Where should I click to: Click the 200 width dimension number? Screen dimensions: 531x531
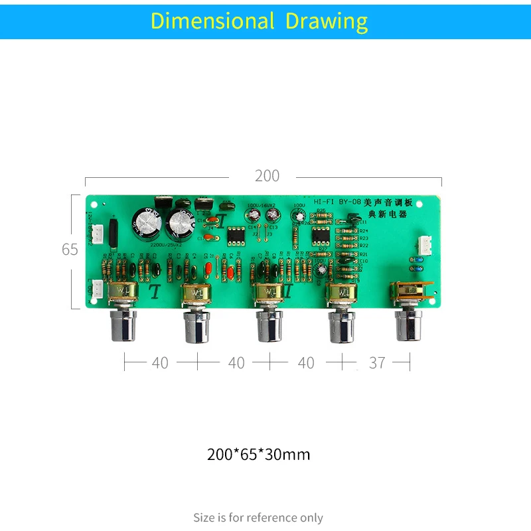tap(267, 176)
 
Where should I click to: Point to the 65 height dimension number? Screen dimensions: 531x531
tap(70, 250)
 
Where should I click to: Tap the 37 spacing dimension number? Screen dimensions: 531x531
tap(377, 362)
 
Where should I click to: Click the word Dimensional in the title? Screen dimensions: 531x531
tap(212, 21)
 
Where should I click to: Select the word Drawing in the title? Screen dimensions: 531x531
tap(326, 21)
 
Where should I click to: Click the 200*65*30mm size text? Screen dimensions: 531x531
tap(258, 455)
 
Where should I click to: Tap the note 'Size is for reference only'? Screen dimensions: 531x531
tap(258, 517)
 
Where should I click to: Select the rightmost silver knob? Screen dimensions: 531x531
tap(410, 325)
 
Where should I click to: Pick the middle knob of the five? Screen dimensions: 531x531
tap(270, 326)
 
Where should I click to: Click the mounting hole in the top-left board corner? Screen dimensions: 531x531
tap(94, 205)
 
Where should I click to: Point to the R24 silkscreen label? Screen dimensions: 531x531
tap(363, 230)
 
